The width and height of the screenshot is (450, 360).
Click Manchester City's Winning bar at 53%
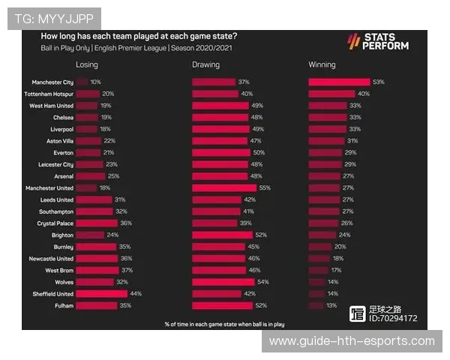[339, 82]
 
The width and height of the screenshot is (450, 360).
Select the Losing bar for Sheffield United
[102, 294]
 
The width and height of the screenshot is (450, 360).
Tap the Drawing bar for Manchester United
[224, 188]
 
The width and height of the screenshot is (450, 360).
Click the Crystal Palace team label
[54, 223]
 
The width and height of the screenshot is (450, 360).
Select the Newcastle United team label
[50, 259]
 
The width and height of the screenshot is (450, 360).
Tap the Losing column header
[87, 65]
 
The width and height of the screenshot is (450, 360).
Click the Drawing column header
[205, 65]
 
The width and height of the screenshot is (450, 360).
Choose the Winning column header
[322, 65]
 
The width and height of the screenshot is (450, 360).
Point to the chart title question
[139, 36]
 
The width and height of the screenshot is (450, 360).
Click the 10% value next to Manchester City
[95, 82]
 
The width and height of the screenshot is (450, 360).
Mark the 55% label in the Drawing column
[264, 188]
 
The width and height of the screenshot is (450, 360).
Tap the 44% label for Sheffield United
[136, 294]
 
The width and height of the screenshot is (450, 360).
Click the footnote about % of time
[224, 324]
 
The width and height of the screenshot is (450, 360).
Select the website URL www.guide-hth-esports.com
[351, 341]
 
